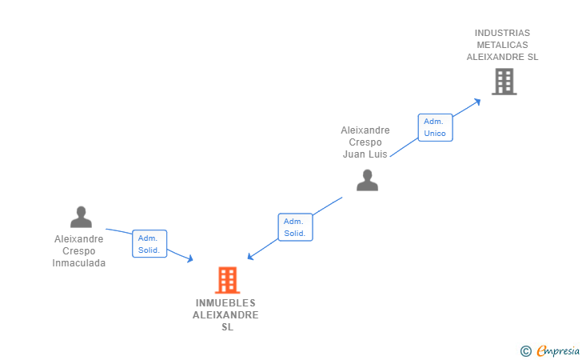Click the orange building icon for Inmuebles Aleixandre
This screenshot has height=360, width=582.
point(228,280)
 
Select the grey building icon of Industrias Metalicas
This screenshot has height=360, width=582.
point(504,82)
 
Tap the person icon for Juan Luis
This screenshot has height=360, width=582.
point(367,181)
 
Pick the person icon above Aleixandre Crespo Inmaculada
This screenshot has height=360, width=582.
point(81,217)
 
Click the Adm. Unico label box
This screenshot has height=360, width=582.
point(435,127)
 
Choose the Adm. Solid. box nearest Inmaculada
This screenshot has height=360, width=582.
point(149,244)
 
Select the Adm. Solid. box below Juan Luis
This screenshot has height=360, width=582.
point(295,227)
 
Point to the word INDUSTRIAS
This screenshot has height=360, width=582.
point(502,33)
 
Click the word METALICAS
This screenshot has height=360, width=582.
point(502,45)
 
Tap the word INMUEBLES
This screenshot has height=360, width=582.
point(225,303)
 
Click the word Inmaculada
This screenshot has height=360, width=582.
point(79,263)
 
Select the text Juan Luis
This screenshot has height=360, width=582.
point(365,154)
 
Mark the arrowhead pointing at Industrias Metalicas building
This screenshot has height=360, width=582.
point(477,101)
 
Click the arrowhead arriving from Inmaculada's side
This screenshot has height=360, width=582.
point(189,258)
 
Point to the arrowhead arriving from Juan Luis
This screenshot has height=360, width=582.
point(251,257)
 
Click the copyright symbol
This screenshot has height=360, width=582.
point(525,350)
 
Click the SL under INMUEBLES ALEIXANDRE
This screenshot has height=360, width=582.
point(227,327)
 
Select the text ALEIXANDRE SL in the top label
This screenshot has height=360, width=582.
point(502,57)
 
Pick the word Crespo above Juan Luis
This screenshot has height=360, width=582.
point(365,142)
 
